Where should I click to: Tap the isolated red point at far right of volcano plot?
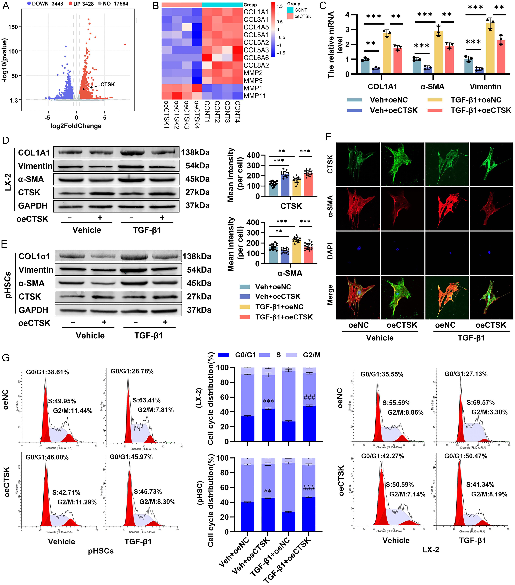pyautogui.click(x=125, y=44)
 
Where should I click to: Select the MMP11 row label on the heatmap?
pyautogui.click(x=255, y=96)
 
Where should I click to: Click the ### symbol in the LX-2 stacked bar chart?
pyautogui.click(x=309, y=397)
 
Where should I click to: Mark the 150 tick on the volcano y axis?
pyautogui.click(x=13, y=27)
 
